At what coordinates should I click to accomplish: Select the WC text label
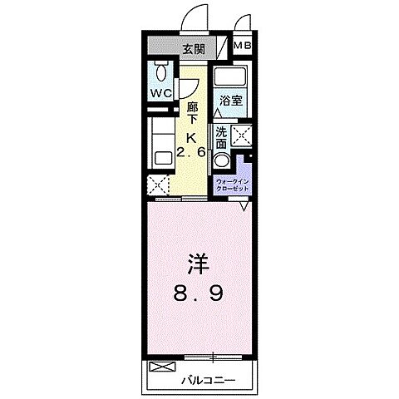coord(161,93)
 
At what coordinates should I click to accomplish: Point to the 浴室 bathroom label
coord(231,101)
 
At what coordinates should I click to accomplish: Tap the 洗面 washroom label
coord(222,135)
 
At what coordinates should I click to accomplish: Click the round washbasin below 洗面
coord(222,160)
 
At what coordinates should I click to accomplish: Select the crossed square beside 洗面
coord(243,135)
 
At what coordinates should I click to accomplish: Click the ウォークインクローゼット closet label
coord(234,185)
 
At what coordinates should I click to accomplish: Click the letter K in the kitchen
coord(192,138)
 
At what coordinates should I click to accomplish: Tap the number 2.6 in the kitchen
coord(192,153)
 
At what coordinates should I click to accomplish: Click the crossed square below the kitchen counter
coord(158,185)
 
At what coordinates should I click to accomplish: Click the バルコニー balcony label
coord(208,380)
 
